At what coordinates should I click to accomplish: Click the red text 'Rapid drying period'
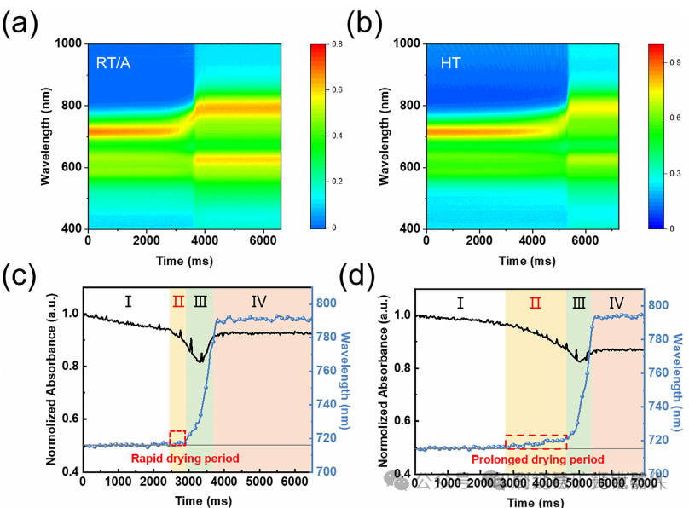[x=182, y=459]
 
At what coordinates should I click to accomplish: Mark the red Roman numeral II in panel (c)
[x=177, y=301]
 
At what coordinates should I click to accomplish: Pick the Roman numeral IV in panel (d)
[x=616, y=302]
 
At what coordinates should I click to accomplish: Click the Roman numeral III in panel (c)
[x=200, y=301]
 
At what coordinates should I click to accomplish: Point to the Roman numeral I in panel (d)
[x=460, y=302]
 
